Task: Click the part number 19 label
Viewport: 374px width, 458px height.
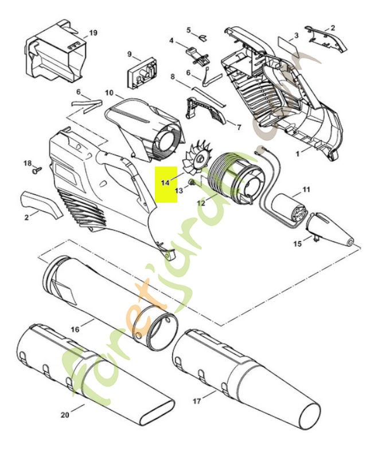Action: click(x=93, y=33)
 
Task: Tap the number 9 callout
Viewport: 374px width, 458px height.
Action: click(x=130, y=55)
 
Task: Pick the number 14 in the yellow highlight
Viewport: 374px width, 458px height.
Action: click(x=165, y=183)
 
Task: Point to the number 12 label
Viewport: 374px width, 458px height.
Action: click(x=200, y=203)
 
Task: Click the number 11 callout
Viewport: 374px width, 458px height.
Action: click(x=306, y=189)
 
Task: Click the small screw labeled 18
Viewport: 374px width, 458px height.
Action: click(x=37, y=169)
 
